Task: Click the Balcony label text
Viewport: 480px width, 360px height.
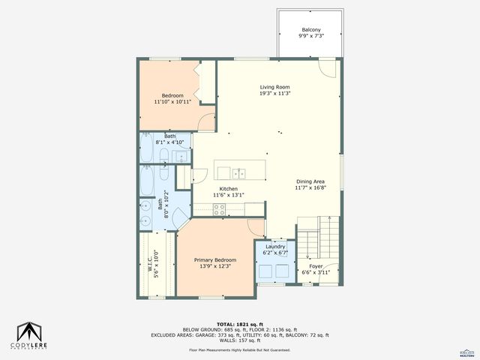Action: point(310,29)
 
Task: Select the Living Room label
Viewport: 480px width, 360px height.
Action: point(274,87)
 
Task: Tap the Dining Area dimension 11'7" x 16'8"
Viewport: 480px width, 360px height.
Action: point(310,189)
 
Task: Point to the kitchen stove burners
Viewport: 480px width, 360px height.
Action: point(220,210)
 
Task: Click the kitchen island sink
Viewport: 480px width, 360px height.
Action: point(239,172)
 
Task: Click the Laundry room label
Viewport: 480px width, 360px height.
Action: point(274,246)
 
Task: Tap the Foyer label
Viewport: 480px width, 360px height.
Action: point(316,265)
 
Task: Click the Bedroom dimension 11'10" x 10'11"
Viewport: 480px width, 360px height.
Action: point(172,101)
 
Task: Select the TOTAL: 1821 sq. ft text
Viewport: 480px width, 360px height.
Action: point(239,323)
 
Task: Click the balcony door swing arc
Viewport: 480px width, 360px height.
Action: point(326,68)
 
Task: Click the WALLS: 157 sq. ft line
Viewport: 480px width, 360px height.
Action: point(239,340)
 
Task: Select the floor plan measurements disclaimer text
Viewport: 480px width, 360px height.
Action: point(239,350)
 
